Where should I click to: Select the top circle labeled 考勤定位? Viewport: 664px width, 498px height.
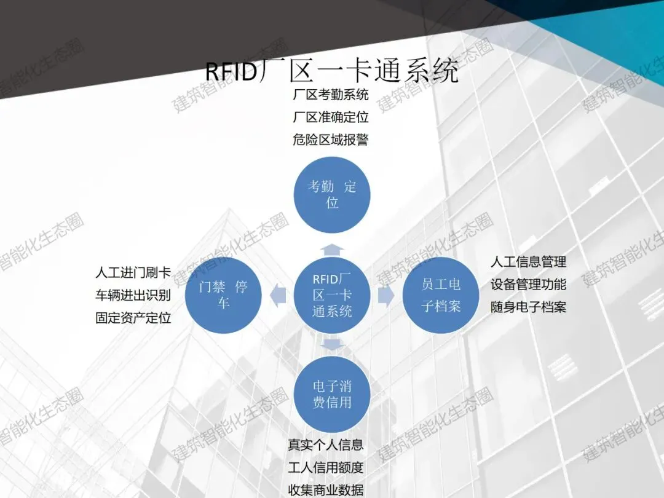click(332, 194)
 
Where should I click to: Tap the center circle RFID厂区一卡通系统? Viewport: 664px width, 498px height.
click(332, 296)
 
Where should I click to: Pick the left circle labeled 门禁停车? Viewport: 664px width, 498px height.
click(224, 296)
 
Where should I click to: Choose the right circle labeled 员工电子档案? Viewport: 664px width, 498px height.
click(441, 296)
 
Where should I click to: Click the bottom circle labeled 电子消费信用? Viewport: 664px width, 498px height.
click(332, 395)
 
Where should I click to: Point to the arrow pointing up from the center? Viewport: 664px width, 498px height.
click(332, 249)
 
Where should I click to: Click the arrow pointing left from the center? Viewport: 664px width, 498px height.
click(279, 296)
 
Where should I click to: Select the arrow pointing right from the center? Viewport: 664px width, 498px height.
click(386, 296)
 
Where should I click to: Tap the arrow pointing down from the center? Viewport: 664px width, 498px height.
click(332, 343)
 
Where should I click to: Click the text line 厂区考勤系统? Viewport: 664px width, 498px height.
click(331, 95)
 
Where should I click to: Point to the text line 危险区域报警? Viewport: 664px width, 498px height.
click(331, 140)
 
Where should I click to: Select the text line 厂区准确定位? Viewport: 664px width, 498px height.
click(331, 117)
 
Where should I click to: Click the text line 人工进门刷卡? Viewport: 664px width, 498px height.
click(133, 272)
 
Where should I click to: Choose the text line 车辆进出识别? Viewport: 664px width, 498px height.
click(133, 295)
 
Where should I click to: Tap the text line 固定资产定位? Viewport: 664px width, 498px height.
click(133, 318)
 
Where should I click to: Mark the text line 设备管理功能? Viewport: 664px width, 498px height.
click(528, 285)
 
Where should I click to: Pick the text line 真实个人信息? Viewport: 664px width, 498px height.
click(326, 445)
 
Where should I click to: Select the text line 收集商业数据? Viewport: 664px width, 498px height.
click(326, 490)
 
